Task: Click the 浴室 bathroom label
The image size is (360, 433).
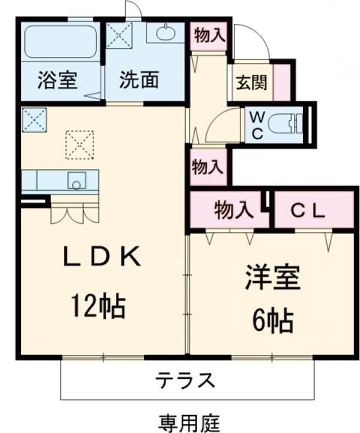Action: pyautogui.click(x=58, y=80)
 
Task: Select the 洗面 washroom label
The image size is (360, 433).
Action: pyautogui.click(x=139, y=80)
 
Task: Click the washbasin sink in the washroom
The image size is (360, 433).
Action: pyautogui.click(x=164, y=34)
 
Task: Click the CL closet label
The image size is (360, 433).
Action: pyautogui.click(x=308, y=211)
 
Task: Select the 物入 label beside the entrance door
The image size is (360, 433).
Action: pyautogui.click(x=209, y=36)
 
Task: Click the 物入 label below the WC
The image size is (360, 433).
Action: pyautogui.click(x=208, y=166)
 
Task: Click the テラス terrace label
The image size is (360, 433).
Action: pyautogui.click(x=185, y=380)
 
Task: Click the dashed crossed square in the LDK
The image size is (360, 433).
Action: pyautogui.click(x=79, y=145)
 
